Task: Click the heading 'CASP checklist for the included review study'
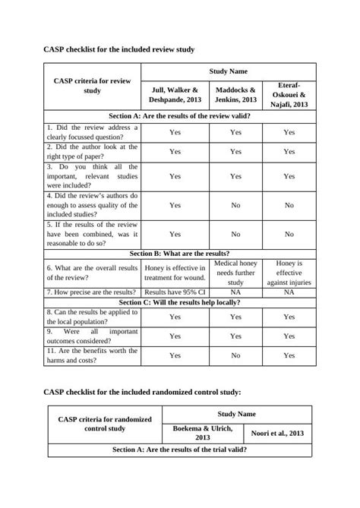[x=119, y=49]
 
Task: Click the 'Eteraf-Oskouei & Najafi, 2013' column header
[x=289, y=94]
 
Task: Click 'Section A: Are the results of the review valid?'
[x=180, y=116]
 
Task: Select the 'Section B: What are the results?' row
[x=180, y=254]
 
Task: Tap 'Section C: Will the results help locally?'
[x=180, y=301]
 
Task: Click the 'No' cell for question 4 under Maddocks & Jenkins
[x=235, y=205]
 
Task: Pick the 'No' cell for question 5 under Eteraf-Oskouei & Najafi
[x=289, y=234]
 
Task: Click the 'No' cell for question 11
[x=235, y=355]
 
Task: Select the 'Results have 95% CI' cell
[x=175, y=292]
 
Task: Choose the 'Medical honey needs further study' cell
[x=235, y=273]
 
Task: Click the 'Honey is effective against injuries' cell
[x=289, y=273]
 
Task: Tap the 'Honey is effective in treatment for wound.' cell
[x=175, y=273]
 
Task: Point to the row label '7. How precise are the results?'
[x=92, y=292]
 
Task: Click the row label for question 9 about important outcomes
[x=92, y=336]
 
